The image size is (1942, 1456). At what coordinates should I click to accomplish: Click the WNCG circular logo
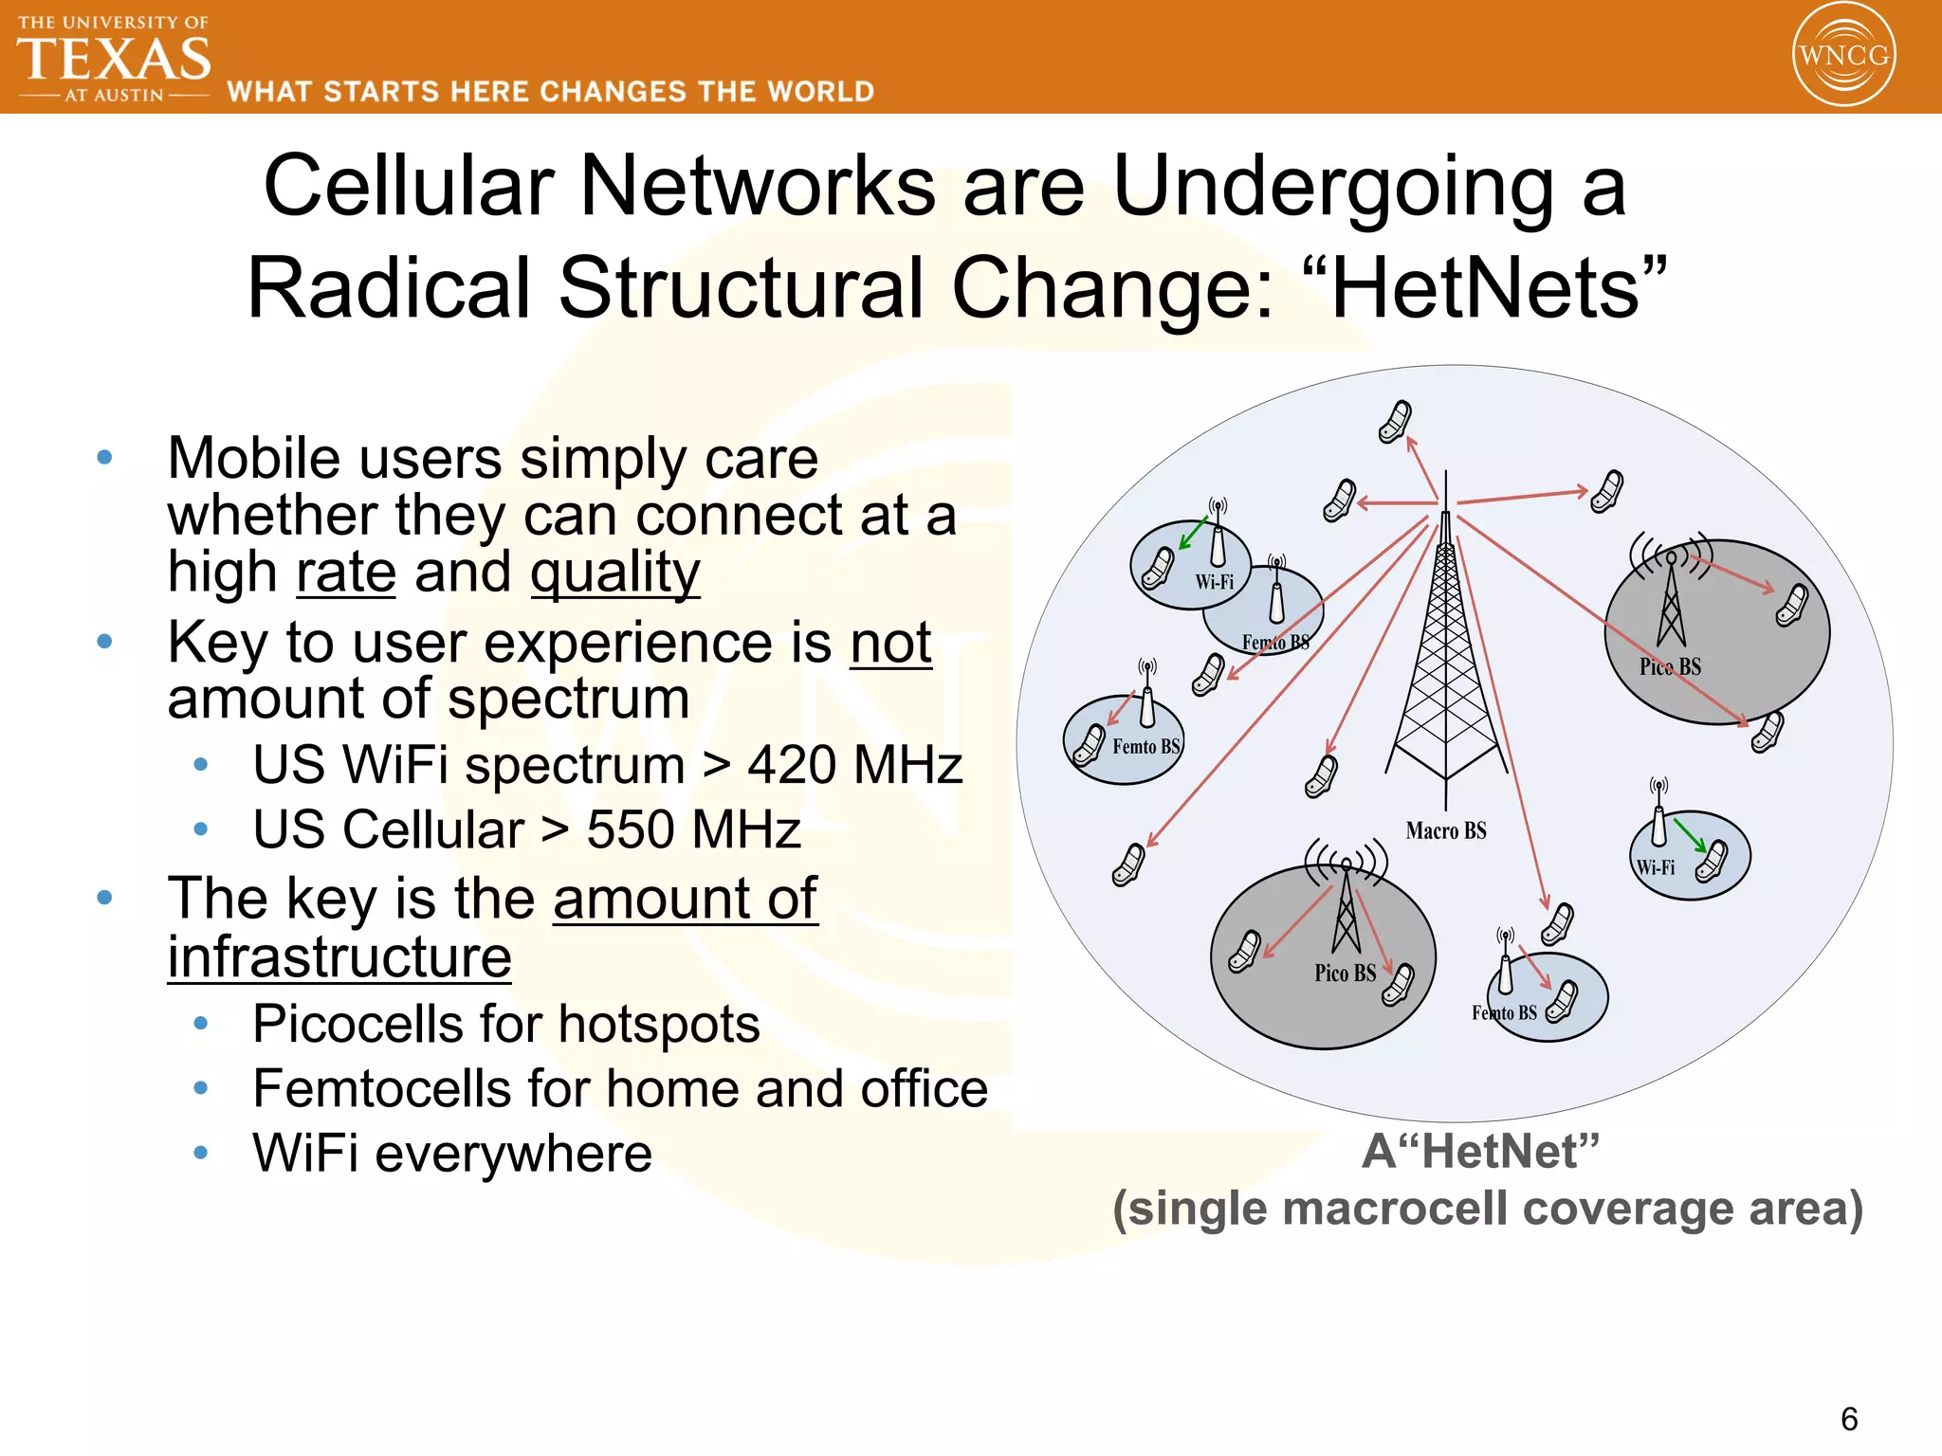[1843, 54]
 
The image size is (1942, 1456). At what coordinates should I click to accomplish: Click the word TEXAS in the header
[114, 59]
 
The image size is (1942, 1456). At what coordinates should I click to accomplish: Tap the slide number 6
[1848, 1419]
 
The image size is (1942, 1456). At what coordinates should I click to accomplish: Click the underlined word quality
[614, 573]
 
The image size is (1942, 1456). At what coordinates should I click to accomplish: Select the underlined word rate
[346, 573]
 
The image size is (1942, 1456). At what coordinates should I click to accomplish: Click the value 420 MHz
[854, 765]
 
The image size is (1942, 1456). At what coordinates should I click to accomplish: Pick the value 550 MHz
[693, 829]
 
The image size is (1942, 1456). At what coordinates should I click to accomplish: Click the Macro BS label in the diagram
[1445, 831]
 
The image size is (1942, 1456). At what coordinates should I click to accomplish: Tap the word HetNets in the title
[1486, 288]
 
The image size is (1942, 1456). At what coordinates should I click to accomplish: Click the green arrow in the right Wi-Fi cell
[1689, 834]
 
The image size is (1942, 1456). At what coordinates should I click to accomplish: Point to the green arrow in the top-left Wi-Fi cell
[1192, 534]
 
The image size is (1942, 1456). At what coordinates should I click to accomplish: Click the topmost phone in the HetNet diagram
[1395, 421]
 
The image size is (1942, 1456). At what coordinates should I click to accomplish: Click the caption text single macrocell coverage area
[1487, 1209]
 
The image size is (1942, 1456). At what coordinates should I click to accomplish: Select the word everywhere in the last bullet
[513, 1154]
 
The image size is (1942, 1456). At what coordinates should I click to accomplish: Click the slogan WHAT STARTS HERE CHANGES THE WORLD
[551, 92]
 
